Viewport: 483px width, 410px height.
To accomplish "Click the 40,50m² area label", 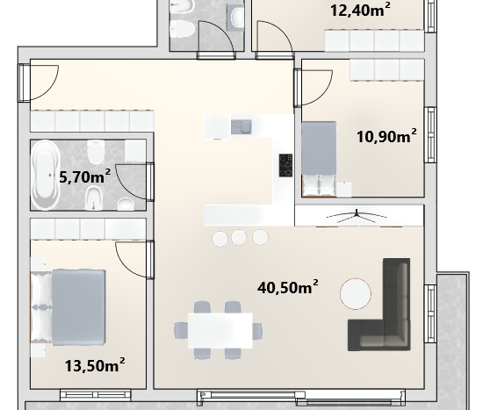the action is [x=288, y=287].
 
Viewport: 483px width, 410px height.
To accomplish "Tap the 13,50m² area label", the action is [x=95, y=365].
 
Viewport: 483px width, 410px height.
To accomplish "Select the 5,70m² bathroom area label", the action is [x=84, y=176].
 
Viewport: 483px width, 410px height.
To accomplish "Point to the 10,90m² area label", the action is [x=386, y=136].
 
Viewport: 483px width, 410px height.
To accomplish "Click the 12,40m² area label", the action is [x=360, y=10].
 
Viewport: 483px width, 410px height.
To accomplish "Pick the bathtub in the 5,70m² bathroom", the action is [x=46, y=175].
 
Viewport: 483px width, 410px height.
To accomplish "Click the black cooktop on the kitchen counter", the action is [x=285, y=165].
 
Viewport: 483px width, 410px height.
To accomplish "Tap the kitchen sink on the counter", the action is [x=241, y=127].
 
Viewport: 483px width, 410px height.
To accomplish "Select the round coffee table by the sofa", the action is [x=356, y=293].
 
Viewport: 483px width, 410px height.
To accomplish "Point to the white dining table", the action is [x=220, y=330].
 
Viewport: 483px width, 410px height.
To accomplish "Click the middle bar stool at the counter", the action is [x=239, y=237].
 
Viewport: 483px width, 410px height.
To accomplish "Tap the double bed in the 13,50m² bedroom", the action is [x=68, y=307].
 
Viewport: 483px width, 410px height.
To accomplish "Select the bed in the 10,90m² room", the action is [x=319, y=159].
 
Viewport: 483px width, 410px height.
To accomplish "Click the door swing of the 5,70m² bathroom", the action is [x=134, y=182].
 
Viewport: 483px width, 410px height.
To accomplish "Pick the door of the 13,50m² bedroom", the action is [x=134, y=260].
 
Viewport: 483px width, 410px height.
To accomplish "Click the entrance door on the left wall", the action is [x=38, y=83].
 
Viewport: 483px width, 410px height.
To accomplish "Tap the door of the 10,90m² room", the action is [x=314, y=88].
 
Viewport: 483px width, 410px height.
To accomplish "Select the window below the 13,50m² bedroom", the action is [x=96, y=394].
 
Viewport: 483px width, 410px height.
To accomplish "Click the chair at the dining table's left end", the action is [x=181, y=330].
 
